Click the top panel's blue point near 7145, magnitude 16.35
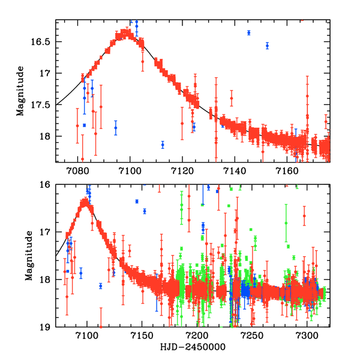click(248, 32)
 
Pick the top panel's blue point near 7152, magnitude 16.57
click(267, 46)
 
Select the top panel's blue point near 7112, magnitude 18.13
click(163, 145)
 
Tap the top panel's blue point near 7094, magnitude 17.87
click(116, 128)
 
